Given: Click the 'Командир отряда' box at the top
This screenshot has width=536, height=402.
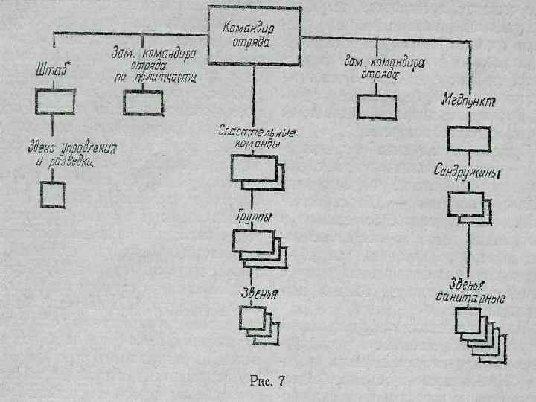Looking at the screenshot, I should [x=254, y=36].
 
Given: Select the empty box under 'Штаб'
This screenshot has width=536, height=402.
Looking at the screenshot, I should [x=54, y=101].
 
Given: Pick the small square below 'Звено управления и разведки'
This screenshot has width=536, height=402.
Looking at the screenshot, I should [x=52, y=194].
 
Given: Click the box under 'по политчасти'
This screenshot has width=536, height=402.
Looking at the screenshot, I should [x=142, y=103].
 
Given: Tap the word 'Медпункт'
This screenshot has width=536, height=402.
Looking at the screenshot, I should [x=469, y=100].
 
